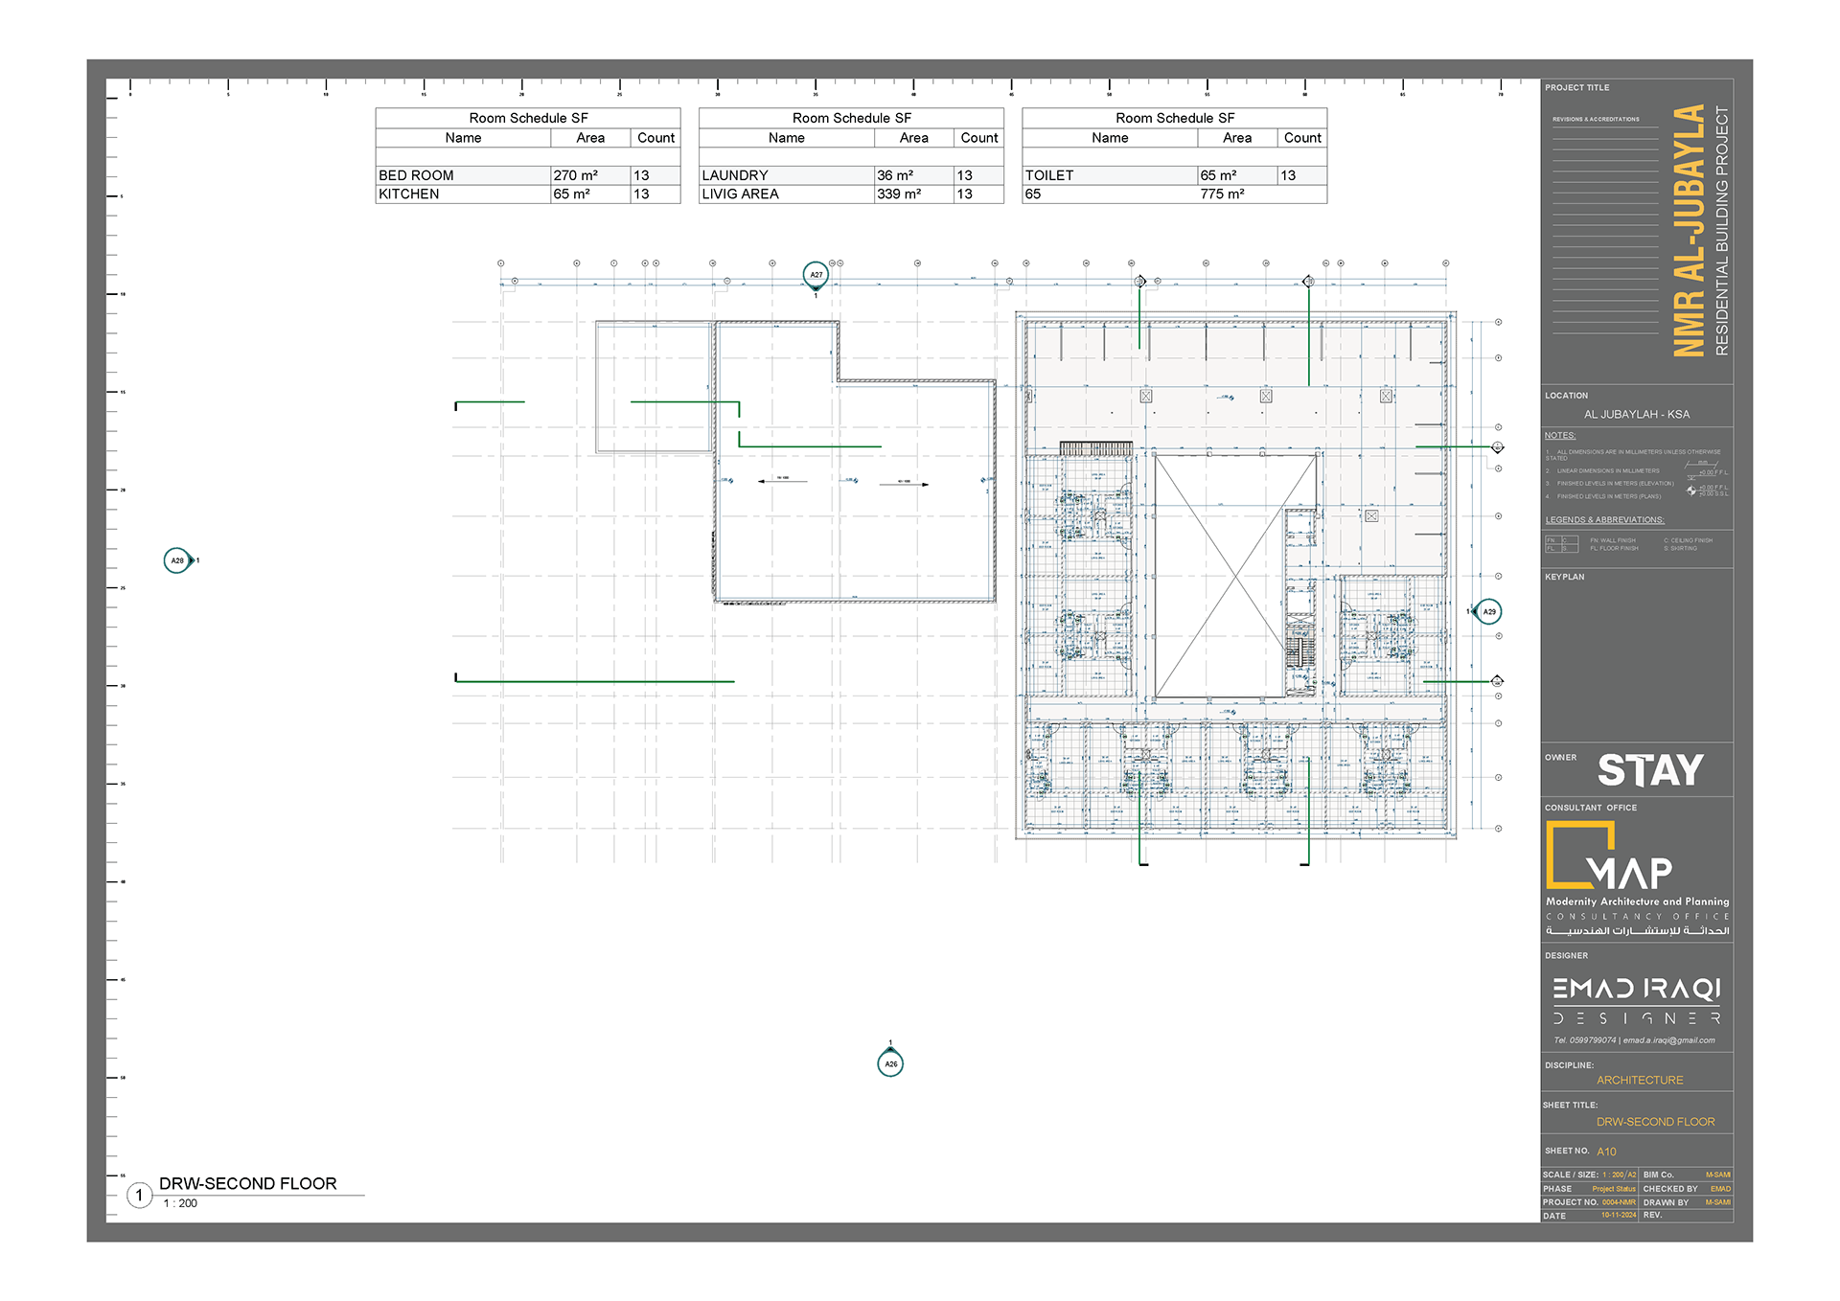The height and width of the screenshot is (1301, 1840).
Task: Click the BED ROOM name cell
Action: pos(416,175)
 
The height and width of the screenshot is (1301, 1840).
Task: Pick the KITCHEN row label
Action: pos(409,194)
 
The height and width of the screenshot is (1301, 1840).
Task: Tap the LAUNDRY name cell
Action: pos(735,175)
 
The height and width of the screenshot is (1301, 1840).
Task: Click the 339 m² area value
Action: pos(899,194)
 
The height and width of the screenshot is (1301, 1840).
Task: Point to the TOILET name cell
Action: pos(1049,175)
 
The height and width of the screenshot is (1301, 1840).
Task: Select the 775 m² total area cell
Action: pos(1222,194)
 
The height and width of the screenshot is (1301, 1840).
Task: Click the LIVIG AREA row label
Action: pos(740,194)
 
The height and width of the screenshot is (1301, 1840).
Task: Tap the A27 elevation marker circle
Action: pos(816,275)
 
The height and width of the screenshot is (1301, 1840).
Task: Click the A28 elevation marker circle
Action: pos(177,560)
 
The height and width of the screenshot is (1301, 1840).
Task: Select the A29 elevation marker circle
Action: pos(1488,611)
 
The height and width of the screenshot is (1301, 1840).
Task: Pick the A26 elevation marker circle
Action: pos(890,1063)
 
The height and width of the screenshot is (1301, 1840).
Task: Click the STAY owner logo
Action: pos(1650,770)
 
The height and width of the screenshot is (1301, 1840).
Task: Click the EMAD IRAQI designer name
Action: pos(1637,989)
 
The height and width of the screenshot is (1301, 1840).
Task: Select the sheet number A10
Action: pos(1607,1152)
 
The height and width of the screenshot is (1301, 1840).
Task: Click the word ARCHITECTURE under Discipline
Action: pos(1640,1080)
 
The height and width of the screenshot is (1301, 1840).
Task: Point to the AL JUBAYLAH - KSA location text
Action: pos(1637,414)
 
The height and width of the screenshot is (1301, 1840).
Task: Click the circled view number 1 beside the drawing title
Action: pos(140,1195)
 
